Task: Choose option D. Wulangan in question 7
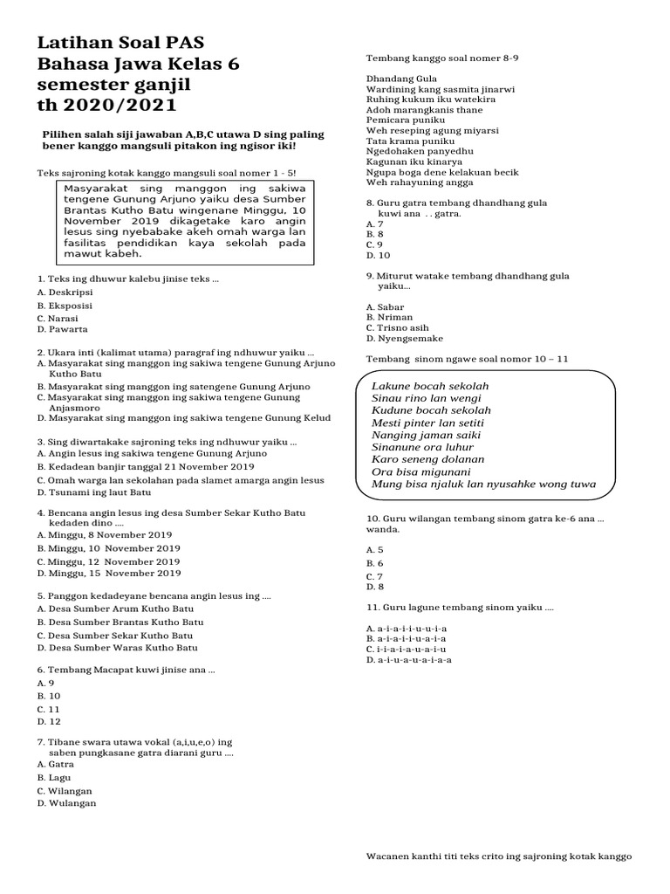tap(67, 802)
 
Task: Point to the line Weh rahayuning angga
tap(414, 183)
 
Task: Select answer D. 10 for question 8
tap(379, 255)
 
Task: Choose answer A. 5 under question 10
tap(375, 549)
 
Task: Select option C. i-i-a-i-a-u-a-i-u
tap(407, 650)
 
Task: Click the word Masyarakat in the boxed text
tap(97, 188)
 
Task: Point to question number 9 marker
tap(371, 276)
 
